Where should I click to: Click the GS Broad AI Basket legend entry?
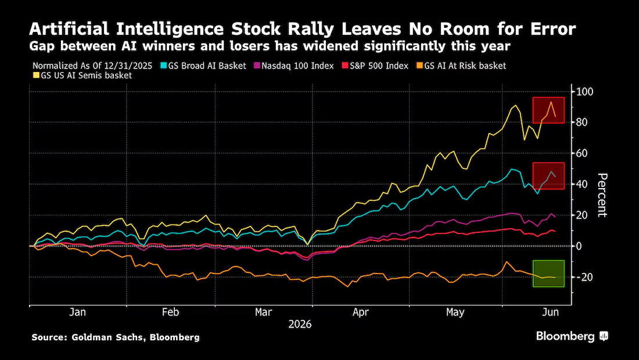[x=204, y=66]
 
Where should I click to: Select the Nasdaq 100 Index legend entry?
[x=295, y=66]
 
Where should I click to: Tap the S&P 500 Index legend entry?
[x=375, y=66]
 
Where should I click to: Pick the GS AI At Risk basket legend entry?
[x=461, y=66]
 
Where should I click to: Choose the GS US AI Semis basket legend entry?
[x=82, y=75]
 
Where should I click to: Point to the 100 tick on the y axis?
[x=584, y=92]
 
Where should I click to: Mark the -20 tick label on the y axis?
[x=584, y=277]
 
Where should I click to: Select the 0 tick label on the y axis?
[x=578, y=246]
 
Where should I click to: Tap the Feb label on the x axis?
[x=170, y=312]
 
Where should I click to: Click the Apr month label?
[x=361, y=312]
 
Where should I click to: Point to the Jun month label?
[x=551, y=312]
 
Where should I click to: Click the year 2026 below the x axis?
[x=300, y=324]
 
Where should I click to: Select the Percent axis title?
[x=602, y=195]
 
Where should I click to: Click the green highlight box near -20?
[x=548, y=273]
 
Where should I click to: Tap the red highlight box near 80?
[x=548, y=110]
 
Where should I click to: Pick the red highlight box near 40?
[x=548, y=176]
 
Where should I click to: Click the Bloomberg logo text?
[x=565, y=336]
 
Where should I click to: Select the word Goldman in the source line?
[x=88, y=337]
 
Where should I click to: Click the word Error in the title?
[x=554, y=29]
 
